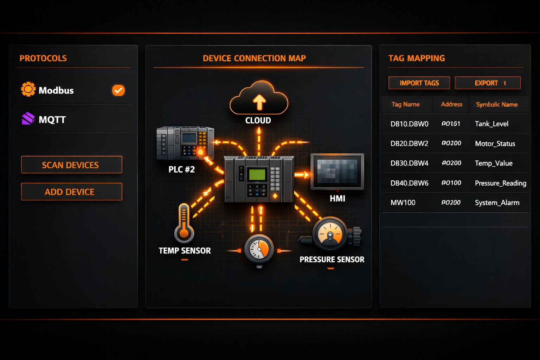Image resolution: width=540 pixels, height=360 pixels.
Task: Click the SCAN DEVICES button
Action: pyautogui.click(x=71, y=165)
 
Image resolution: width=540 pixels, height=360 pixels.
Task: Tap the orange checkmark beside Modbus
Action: pyautogui.click(x=118, y=90)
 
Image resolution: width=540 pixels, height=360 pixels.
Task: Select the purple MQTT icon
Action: pyautogui.click(x=28, y=119)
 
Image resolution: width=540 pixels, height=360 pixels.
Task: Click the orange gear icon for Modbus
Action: pyautogui.click(x=28, y=89)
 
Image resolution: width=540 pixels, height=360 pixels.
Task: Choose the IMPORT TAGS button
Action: pyautogui.click(x=419, y=83)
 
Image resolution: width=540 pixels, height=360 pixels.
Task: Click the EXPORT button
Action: pyautogui.click(x=487, y=83)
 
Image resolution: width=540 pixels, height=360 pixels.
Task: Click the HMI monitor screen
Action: pyautogui.click(x=337, y=171)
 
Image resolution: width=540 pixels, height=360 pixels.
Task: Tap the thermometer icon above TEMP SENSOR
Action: pyautogui.click(x=184, y=224)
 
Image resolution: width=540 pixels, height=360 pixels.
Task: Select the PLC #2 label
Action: pyautogui.click(x=181, y=169)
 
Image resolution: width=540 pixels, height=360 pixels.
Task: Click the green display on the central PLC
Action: pyautogui.click(x=257, y=175)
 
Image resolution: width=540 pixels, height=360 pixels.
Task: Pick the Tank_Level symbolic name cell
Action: pyautogui.click(x=491, y=124)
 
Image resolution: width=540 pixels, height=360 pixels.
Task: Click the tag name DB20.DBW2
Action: pyautogui.click(x=409, y=143)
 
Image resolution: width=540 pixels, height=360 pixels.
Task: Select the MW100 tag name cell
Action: pyautogui.click(x=403, y=202)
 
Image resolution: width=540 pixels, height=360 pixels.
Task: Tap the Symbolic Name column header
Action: pyautogui.click(x=497, y=104)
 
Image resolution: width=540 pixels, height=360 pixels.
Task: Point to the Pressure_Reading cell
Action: pyautogui.click(x=500, y=183)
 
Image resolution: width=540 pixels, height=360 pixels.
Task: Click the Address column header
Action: pyautogui.click(x=451, y=104)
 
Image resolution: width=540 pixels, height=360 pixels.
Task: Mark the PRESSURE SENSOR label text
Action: pyautogui.click(x=332, y=259)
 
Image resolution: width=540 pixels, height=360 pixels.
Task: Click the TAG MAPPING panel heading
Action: pyautogui.click(x=417, y=58)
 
